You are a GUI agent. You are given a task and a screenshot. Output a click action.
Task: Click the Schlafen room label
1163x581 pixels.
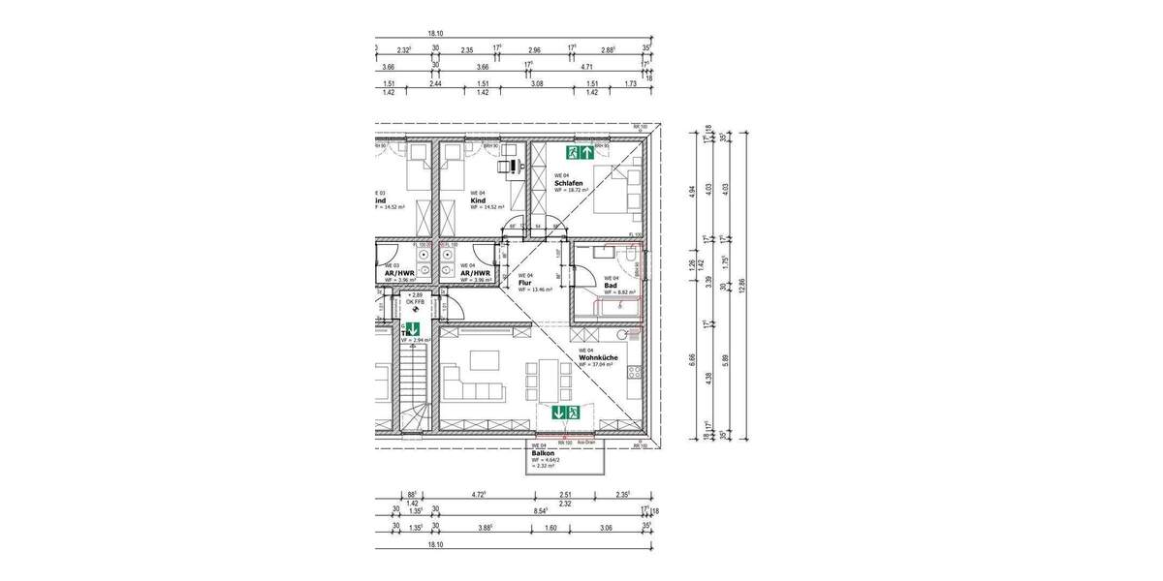coord(568,183)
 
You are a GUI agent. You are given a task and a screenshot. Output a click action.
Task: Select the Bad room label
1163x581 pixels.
coord(611,285)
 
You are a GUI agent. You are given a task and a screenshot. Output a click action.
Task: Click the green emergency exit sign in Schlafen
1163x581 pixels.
coord(580,152)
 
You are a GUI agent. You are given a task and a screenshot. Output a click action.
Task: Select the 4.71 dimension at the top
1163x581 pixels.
coord(586,68)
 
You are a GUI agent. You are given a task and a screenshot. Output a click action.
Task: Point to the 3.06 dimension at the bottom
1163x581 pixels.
coord(606,528)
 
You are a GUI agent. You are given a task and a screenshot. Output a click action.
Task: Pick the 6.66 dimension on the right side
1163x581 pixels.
coord(691,357)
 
